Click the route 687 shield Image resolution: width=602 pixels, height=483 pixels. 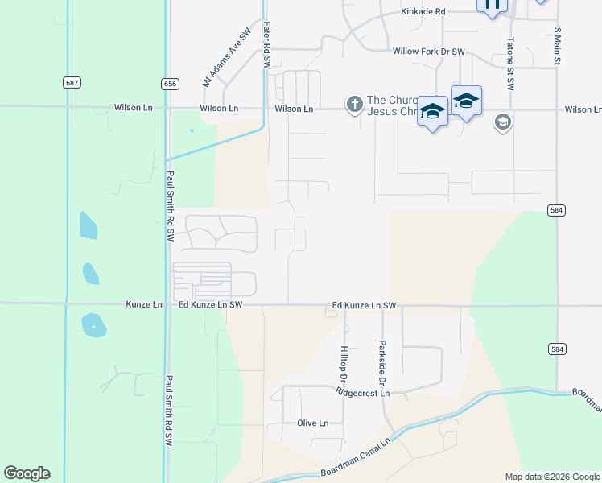click(x=72, y=83)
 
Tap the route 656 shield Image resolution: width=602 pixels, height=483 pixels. click(x=169, y=83)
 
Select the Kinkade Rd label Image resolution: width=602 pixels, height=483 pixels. click(x=423, y=12)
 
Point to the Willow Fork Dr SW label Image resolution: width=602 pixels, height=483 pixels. click(x=429, y=52)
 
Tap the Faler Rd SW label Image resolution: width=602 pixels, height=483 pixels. click(x=266, y=46)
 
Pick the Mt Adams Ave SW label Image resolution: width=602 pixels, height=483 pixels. click(x=222, y=59)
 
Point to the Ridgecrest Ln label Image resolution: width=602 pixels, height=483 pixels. click(x=363, y=393)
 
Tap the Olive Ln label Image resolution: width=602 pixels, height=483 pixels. click(x=313, y=423)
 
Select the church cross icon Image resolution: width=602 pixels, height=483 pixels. click(x=354, y=104)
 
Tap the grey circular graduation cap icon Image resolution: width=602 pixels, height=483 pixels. click(x=503, y=122)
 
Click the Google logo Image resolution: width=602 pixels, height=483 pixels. click(x=27, y=473)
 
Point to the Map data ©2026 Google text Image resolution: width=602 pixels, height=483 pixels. click(x=552, y=477)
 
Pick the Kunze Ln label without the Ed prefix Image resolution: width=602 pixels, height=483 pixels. click(x=144, y=305)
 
